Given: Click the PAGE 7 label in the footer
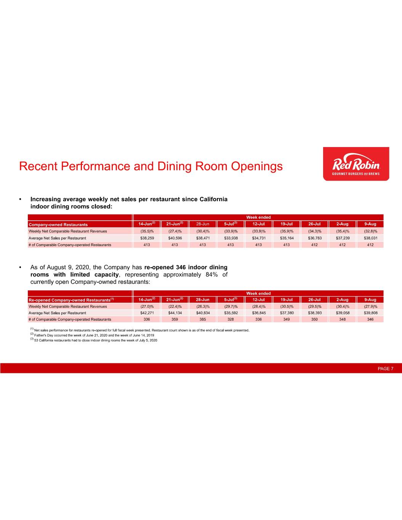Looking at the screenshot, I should pos(385,368).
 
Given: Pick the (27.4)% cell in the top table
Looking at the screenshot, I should pos(175,231).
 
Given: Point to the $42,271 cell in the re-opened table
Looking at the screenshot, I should pos(147,313).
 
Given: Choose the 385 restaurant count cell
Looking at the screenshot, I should pos(203,320).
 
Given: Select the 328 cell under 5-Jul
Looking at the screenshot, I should pos(231,320).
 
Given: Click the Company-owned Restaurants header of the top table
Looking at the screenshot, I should pos(58,224).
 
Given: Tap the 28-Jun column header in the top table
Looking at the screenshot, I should pos(203,224).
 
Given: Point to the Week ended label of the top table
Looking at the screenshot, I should pos(258,217).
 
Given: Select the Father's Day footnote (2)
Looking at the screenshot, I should pos(91,335).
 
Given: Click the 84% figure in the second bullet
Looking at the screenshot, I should pos(211,275).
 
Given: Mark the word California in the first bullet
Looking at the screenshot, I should pos(213,199).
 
